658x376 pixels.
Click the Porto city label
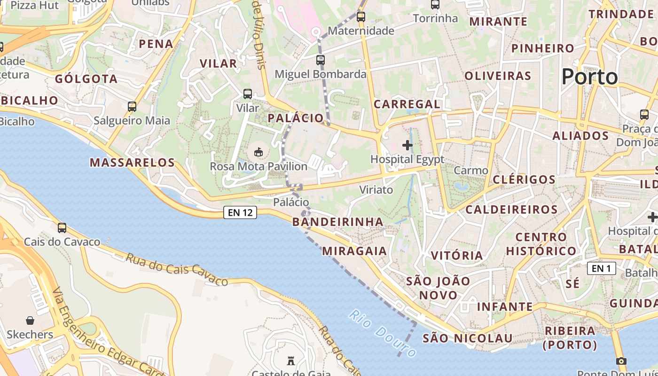[x=589, y=77]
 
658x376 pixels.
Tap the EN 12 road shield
[x=240, y=212]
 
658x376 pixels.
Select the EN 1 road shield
[x=601, y=268]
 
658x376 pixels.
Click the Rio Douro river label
[x=383, y=333]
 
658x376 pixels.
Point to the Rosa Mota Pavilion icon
[x=258, y=152]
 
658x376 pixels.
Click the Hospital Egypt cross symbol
[x=407, y=145]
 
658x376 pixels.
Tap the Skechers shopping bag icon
[x=30, y=321]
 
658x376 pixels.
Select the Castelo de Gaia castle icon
[x=290, y=361]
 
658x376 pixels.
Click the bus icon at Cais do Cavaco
[x=62, y=228]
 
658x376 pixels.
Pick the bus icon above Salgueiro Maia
[x=132, y=107]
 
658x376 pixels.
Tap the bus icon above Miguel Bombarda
[x=320, y=60]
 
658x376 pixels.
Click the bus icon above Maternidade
[x=360, y=17]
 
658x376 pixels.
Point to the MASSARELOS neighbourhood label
[x=132, y=163]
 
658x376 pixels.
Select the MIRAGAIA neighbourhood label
[x=354, y=251]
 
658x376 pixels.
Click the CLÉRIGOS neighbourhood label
[x=524, y=180]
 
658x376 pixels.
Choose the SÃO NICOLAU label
[x=467, y=338]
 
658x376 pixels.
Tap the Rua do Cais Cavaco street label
[x=177, y=269]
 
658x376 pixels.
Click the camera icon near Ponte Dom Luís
[x=621, y=361]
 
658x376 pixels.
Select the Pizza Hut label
[x=34, y=6]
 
